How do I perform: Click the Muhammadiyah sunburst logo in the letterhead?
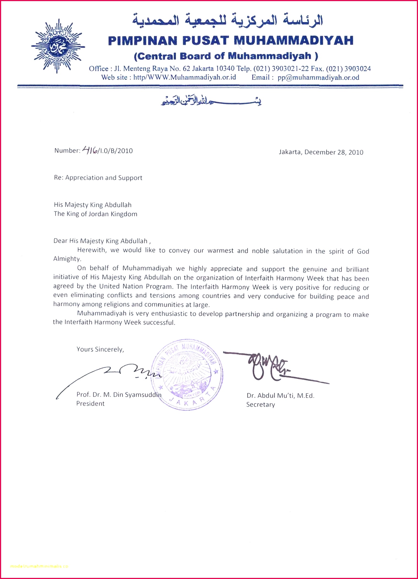coord(58,46)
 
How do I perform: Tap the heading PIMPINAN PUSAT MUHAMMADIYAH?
coord(230,41)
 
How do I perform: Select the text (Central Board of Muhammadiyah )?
coord(226,56)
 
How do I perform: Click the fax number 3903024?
coord(357,69)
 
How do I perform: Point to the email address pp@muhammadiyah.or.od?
coord(318,77)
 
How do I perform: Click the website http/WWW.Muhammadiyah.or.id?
coord(184,77)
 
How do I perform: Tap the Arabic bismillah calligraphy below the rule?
coord(211,102)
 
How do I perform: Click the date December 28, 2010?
coord(334,152)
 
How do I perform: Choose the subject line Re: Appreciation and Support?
coord(98,178)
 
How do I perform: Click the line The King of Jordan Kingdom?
coord(95,214)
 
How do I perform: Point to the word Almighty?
coord(67,259)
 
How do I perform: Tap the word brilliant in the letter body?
coord(357,269)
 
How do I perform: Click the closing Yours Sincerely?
coord(100,349)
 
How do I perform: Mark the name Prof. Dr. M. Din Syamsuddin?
coord(119,395)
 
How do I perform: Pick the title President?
coord(90,404)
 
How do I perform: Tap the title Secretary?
coord(260,405)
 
